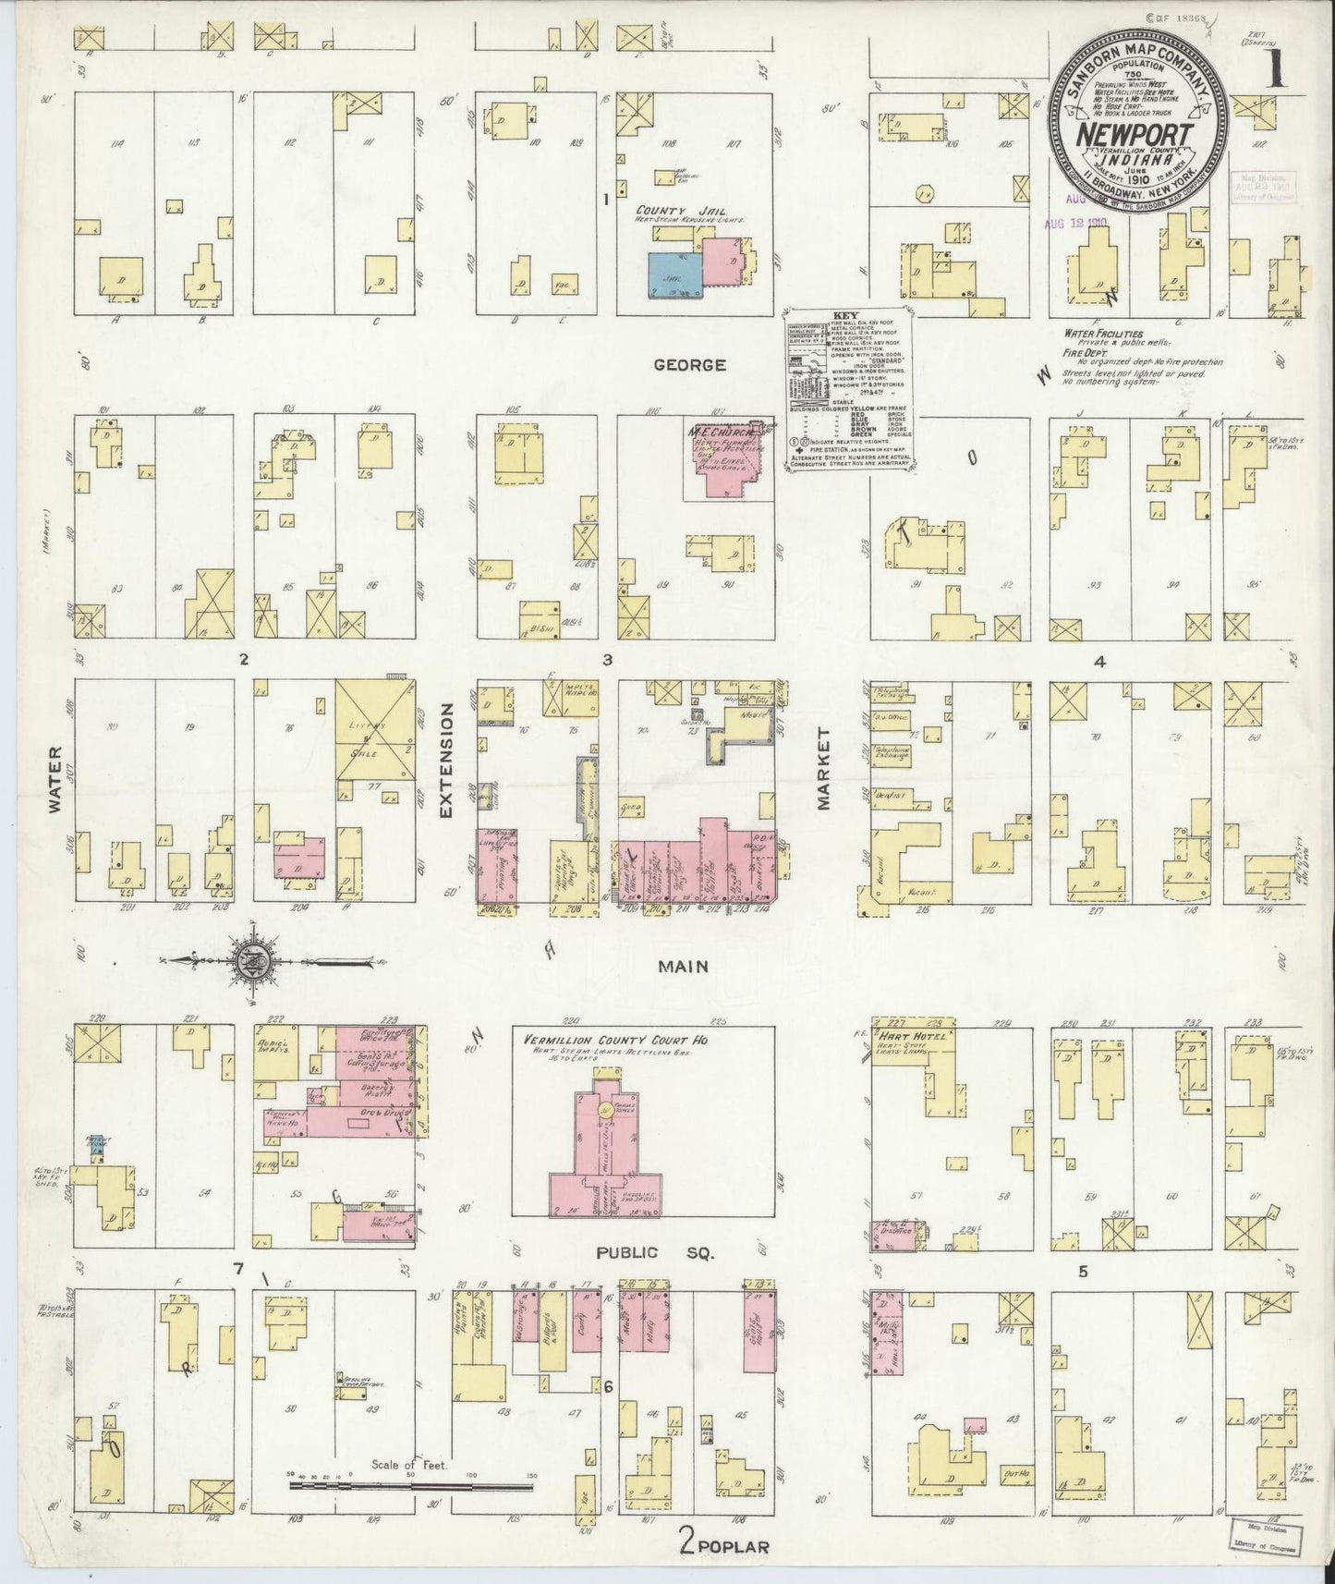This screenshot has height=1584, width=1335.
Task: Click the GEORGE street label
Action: [689, 365]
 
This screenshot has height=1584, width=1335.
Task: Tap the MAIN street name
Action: [683, 967]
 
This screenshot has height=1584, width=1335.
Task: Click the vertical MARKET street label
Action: [823, 768]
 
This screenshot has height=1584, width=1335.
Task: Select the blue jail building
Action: [674, 274]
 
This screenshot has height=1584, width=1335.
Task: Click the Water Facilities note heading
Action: [1104, 333]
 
